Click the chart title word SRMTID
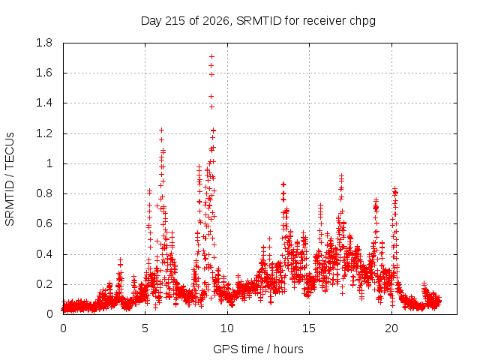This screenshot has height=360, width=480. click(x=259, y=21)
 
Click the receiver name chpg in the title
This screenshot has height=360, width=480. click(x=363, y=22)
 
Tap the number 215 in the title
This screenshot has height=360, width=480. click(x=175, y=21)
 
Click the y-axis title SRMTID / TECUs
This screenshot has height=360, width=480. click(x=10, y=179)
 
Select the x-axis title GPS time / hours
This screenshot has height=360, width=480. click(x=258, y=349)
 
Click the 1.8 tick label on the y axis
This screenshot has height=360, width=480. click(x=44, y=43)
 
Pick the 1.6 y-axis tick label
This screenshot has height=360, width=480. click(x=44, y=73)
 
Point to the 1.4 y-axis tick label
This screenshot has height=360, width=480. click(x=44, y=103)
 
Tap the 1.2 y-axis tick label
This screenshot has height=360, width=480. click(x=44, y=133)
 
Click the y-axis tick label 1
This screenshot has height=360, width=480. click(x=49, y=163)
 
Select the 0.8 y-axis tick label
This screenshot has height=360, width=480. click(x=44, y=193)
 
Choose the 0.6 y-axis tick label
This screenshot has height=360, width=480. click(x=44, y=223)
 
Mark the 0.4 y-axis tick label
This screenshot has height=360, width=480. click(x=44, y=254)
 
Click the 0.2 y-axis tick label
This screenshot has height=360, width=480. click(x=44, y=284)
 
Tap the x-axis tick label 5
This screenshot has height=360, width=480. click(x=145, y=328)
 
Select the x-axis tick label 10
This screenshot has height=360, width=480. click(x=227, y=328)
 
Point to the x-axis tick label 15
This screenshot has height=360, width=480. click(x=309, y=328)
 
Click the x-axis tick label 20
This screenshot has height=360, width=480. click(x=391, y=328)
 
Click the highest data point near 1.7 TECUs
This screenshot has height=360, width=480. click(x=211, y=57)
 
